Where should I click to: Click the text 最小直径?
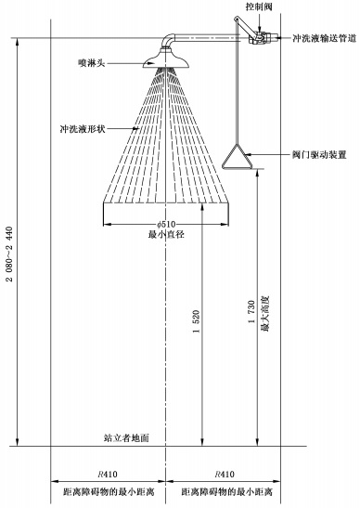167,236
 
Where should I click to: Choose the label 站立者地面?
126,436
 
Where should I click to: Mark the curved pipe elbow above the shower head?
168,41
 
